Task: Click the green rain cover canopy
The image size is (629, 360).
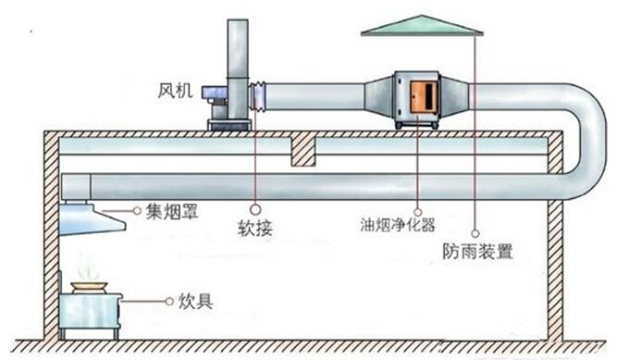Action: pyautogui.click(x=422, y=25)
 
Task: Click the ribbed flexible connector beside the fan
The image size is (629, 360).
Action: pyautogui.click(x=260, y=93)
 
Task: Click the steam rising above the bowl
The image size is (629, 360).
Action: pyautogui.click(x=88, y=268)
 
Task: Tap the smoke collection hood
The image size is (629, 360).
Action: pyautogui.click(x=91, y=219)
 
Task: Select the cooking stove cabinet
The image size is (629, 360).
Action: pyautogui.click(x=90, y=314)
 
